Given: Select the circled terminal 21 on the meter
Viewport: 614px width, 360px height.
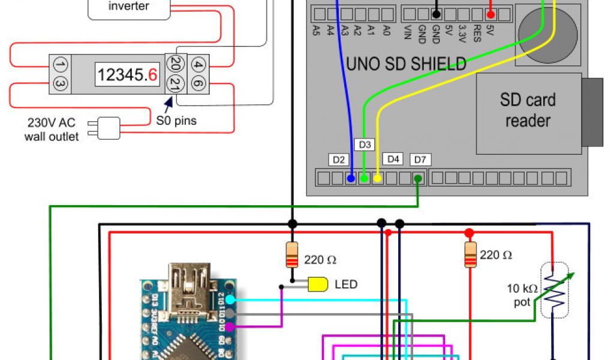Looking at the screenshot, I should [x=175, y=84].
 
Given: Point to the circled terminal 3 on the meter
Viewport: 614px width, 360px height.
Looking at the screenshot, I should [x=59, y=84].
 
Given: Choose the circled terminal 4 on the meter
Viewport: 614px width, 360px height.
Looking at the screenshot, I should [x=198, y=64].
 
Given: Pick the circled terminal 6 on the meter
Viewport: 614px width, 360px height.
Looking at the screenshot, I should [x=198, y=84].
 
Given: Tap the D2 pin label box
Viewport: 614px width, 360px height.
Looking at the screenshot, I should [x=339, y=160].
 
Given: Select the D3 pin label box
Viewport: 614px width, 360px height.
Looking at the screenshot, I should [x=365, y=145].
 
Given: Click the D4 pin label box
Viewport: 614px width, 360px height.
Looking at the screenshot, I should [x=393, y=159].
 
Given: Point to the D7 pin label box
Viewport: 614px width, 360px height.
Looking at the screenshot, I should [x=420, y=160].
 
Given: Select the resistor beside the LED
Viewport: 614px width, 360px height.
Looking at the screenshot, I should [x=292, y=254].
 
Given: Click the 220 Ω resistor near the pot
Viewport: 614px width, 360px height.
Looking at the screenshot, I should [x=469, y=254].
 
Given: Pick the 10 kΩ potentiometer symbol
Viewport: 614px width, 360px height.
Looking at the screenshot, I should [x=553, y=291].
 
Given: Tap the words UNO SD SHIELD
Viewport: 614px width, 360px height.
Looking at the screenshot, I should [x=406, y=63].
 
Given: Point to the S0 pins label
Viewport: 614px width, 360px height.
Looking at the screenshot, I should [x=176, y=121].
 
